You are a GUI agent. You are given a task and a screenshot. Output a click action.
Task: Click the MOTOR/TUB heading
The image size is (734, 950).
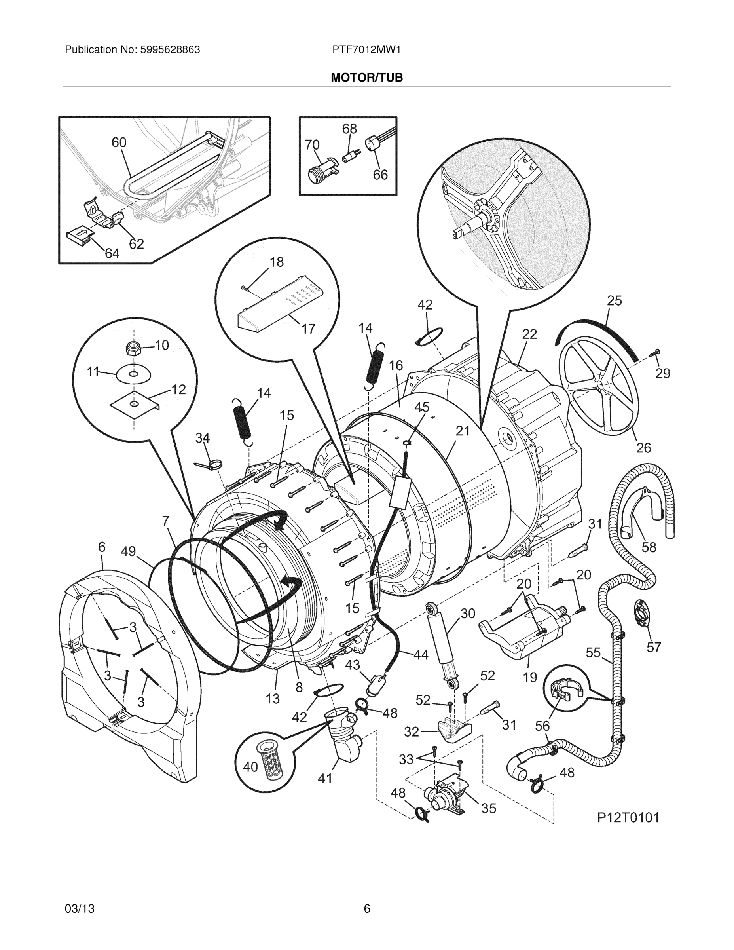366,78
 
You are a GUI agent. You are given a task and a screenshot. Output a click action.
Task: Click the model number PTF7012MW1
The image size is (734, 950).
366,50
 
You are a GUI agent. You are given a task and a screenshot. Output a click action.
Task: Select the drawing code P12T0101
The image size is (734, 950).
628,817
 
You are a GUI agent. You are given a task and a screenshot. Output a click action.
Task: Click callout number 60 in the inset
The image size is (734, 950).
119,142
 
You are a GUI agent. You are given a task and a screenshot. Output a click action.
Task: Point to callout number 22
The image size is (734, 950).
529,334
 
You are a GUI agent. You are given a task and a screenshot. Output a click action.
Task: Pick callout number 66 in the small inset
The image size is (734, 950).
380,175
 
